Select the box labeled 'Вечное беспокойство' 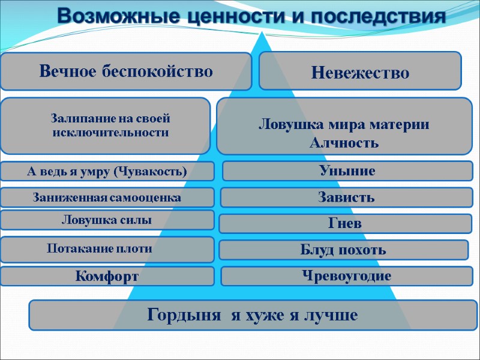126,71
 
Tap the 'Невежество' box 360,73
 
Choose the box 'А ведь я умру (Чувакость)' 107,172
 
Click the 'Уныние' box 347,171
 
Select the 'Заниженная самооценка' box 107,197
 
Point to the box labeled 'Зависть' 346,197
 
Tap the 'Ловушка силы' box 107,220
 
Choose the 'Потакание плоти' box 107,248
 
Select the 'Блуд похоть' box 343,250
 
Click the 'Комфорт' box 107,277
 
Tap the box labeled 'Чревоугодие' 347,276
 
